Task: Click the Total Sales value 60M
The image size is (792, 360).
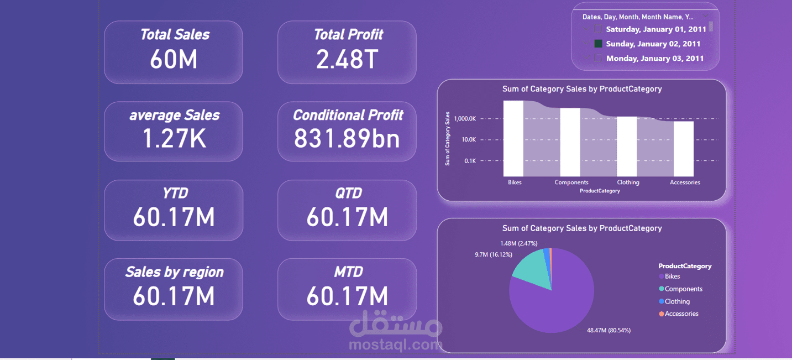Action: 173,59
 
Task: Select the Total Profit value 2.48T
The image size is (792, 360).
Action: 347,59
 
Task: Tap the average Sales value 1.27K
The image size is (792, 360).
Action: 174,138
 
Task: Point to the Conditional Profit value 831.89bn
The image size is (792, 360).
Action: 347,138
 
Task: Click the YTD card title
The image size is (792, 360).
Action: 175,193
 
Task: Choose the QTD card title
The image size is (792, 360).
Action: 349,193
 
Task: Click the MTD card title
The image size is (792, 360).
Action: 349,272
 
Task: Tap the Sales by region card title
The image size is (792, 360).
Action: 174,272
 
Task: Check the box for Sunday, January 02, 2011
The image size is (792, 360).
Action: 598,44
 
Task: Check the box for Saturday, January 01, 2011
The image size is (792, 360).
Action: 598,29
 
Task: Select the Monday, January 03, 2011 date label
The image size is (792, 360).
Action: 655,59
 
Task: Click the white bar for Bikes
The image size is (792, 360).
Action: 513,138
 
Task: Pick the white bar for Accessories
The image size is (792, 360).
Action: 684,149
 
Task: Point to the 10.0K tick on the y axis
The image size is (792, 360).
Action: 469,140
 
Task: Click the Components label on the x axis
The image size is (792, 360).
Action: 571,182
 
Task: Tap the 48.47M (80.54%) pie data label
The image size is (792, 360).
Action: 609,330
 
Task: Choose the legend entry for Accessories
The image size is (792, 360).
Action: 679,314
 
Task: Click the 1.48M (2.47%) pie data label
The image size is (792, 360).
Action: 518,243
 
